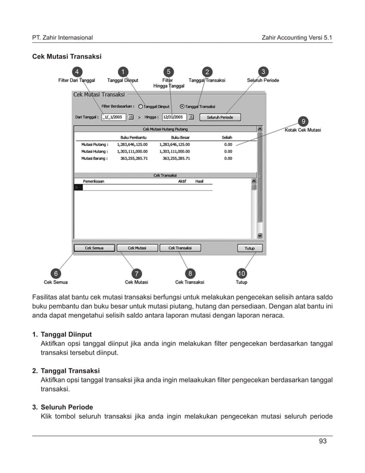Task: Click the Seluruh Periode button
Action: click(219, 117)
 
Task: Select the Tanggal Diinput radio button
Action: click(141, 106)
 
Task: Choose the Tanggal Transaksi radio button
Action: click(182, 106)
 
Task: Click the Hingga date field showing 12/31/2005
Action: click(174, 117)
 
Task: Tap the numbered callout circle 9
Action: click(303, 121)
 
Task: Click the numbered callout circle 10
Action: click(241, 273)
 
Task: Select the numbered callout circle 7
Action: click(137, 273)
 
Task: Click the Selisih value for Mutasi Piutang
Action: click(228, 144)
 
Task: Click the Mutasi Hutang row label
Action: click(94, 151)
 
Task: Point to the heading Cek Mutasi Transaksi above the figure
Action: click(66, 57)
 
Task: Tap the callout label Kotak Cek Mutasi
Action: click(303, 130)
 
